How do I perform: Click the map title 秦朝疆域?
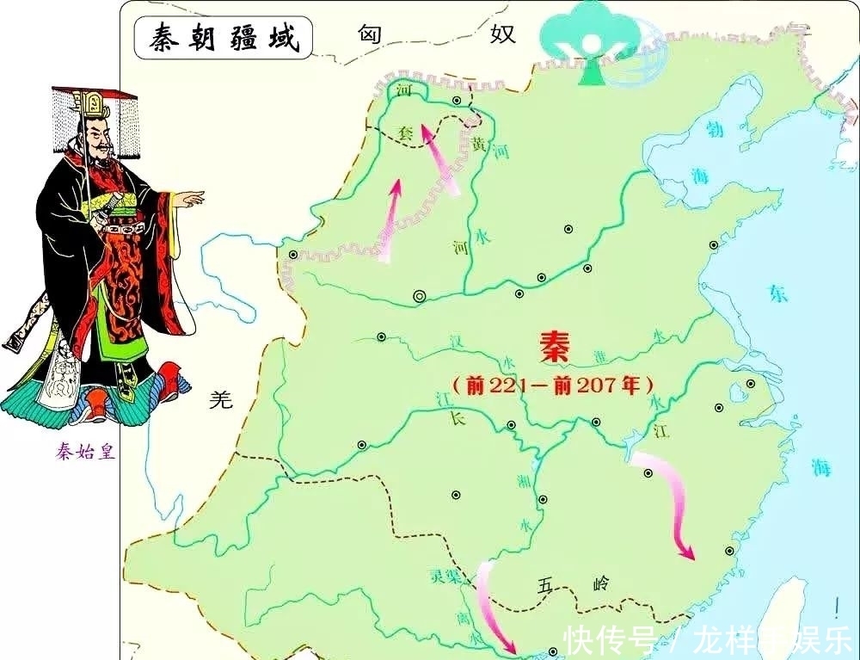coord(223,39)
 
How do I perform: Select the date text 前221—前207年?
coord(554,385)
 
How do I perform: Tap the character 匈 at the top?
coord(369,34)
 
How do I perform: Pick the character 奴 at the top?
coord(502,34)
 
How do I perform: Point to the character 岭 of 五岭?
coord(600,585)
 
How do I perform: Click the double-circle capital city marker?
coord(419,296)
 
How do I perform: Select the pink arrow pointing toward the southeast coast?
coord(671,508)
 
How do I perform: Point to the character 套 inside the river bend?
coord(404,133)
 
